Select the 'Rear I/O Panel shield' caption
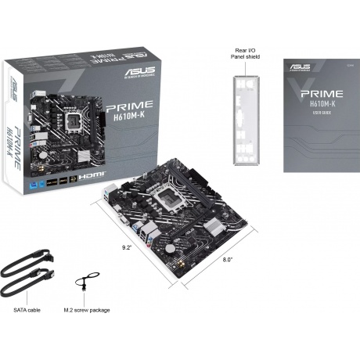tap(247, 52)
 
